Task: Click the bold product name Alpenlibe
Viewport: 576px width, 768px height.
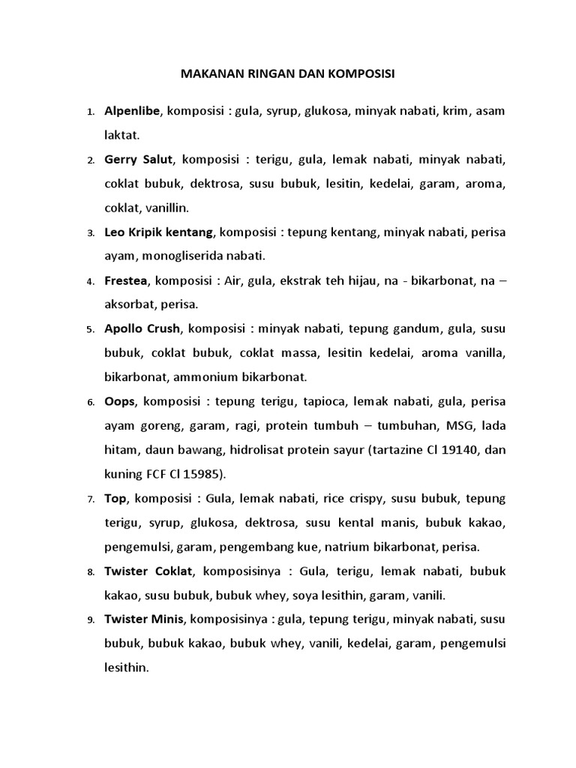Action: click(133, 112)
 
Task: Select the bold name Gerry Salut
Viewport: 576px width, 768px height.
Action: click(139, 160)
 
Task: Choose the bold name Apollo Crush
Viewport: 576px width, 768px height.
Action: click(142, 328)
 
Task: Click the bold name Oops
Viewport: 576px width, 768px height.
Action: click(120, 401)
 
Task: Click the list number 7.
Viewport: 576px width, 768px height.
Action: click(90, 499)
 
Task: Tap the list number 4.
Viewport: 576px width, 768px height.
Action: click(90, 282)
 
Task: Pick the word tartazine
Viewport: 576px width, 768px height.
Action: click(380, 450)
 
